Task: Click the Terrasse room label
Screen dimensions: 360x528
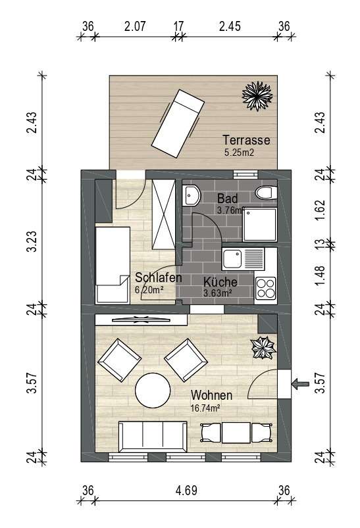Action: tap(246, 140)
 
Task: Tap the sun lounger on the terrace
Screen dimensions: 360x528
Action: tap(178, 124)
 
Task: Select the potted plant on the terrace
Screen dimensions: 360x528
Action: tap(257, 96)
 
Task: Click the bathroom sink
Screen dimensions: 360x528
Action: tap(192, 195)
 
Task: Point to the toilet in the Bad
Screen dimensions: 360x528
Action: tap(267, 193)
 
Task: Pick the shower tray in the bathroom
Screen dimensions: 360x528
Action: tap(260, 224)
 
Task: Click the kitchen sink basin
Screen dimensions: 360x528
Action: tap(232, 258)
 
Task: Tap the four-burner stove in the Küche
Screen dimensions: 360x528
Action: tap(266, 288)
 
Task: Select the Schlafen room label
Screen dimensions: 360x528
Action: tap(159, 277)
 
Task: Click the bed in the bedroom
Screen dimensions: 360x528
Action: tap(113, 265)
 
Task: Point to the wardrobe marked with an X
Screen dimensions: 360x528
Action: tap(163, 214)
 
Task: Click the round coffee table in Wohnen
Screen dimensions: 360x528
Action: tap(153, 391)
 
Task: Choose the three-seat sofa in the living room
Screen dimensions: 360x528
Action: tap(153, 437)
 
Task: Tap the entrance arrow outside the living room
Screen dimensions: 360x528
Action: tap(300, 384)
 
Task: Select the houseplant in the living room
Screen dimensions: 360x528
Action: tap(263, 348)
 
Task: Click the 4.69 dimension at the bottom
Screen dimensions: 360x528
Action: tap(186, 491)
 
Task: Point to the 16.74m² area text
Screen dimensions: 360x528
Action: tap(205, 408)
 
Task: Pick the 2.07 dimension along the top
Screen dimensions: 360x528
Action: tap(135, 26)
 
